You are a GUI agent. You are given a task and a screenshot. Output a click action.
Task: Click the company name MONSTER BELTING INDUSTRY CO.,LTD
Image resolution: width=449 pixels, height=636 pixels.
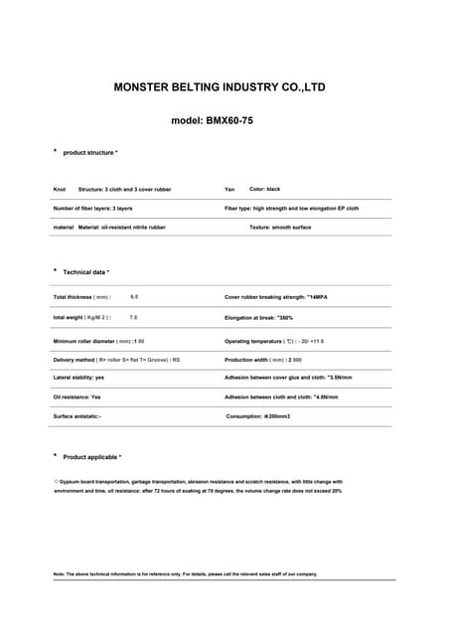[x=219, y=87]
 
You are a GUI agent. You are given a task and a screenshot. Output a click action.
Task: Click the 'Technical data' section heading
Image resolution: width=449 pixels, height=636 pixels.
[x=85, y=271]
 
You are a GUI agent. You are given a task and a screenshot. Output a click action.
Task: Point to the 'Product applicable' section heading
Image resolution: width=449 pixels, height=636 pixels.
[x=91, y=457]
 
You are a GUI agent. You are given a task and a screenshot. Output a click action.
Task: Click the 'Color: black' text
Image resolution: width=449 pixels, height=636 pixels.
[x=265, y=189]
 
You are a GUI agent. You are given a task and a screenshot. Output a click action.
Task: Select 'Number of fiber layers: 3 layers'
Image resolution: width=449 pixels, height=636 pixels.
[x=92, y=209]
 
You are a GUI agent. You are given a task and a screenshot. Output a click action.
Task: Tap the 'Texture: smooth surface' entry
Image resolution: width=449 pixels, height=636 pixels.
[x=280, y=228]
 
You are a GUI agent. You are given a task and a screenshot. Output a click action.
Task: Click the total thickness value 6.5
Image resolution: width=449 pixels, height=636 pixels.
[x=134, y=297]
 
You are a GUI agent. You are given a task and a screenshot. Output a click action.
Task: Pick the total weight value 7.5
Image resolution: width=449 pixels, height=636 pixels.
[x=134, y=317]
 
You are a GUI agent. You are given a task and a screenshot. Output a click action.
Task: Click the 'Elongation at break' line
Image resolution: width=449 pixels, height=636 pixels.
[x=258, y=317]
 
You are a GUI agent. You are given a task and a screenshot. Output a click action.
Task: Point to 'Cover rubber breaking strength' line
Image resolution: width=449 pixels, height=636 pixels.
[x=273, y=297]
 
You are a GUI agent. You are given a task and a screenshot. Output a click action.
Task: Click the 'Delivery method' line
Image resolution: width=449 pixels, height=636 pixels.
[x=116, y=360]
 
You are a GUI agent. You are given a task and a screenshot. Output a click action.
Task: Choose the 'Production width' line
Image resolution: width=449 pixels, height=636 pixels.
[x=263, y=360]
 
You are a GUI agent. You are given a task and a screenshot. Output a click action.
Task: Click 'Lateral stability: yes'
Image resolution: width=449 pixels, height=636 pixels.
[x=78, y=378]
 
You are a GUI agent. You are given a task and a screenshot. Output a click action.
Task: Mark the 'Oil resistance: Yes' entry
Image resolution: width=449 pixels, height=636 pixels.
[x=76, y=397]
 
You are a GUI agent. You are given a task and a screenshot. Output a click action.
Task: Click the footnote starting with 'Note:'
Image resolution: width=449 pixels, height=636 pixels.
[x=185, y=574]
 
